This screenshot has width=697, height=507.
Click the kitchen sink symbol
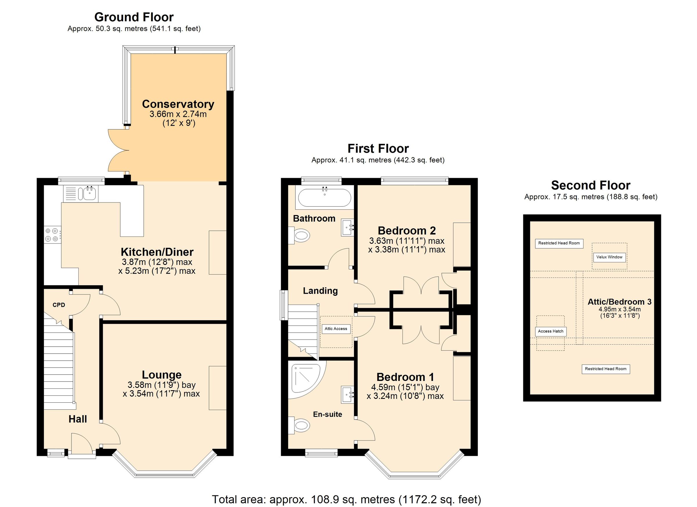[x=88, y=194]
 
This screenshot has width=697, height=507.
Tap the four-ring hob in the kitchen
[x=52, y=234]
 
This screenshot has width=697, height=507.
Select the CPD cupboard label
[x=59, y=305]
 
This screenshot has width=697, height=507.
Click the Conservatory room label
[x=178, y=104]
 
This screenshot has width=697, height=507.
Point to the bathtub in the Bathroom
[x=324, y=197]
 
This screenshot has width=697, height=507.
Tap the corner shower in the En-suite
[x=306, y=380]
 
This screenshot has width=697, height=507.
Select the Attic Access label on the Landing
[x=336, y=329]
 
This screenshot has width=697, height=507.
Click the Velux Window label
[x=609, y=257]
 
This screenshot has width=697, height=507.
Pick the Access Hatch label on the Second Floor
[x=550, y=331]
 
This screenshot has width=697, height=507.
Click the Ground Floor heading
[x=134, y=17]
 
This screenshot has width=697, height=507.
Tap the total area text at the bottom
[x=346, y=499]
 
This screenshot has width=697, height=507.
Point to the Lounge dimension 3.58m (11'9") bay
[x=162, y=385]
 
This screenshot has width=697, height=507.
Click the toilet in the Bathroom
[x=299, y=236]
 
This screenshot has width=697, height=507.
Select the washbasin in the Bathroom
[x=348, y=227]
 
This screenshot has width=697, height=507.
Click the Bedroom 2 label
[x=407, y=230]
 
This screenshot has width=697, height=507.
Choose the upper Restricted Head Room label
[x=559, y=243]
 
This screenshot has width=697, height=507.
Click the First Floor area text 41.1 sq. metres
[x=378, y=160]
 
